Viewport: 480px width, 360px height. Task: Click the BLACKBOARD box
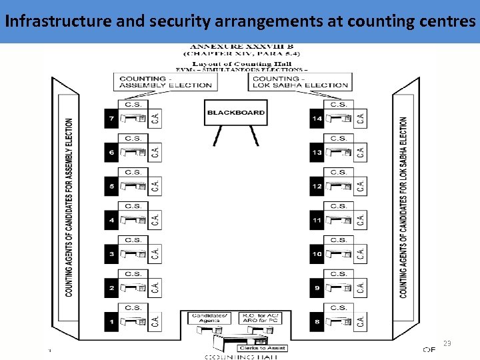(235, 113)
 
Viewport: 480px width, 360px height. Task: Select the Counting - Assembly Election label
(165, 82)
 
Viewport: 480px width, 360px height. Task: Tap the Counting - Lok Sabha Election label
(300, 82)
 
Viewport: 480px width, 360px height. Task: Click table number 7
(111, 119)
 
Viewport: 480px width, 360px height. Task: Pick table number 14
(317, 119)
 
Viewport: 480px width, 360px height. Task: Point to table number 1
(111, 322)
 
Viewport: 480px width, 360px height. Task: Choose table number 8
(317, 322)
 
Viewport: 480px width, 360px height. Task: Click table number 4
(111, 220)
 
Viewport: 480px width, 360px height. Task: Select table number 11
(317, 220)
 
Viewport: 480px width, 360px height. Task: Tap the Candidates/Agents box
(209, 318)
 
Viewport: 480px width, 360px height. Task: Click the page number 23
(447, 344)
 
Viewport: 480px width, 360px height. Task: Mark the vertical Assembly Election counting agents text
(69, 207)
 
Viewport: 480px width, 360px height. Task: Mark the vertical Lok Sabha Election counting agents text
(403, 207)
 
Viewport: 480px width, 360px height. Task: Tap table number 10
(317, 254)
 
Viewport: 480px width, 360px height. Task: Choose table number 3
(111, 254)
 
